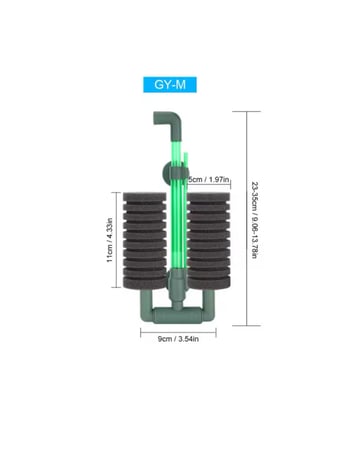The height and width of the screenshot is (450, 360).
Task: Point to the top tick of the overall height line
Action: pyautogui.click(x=246, y=113)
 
